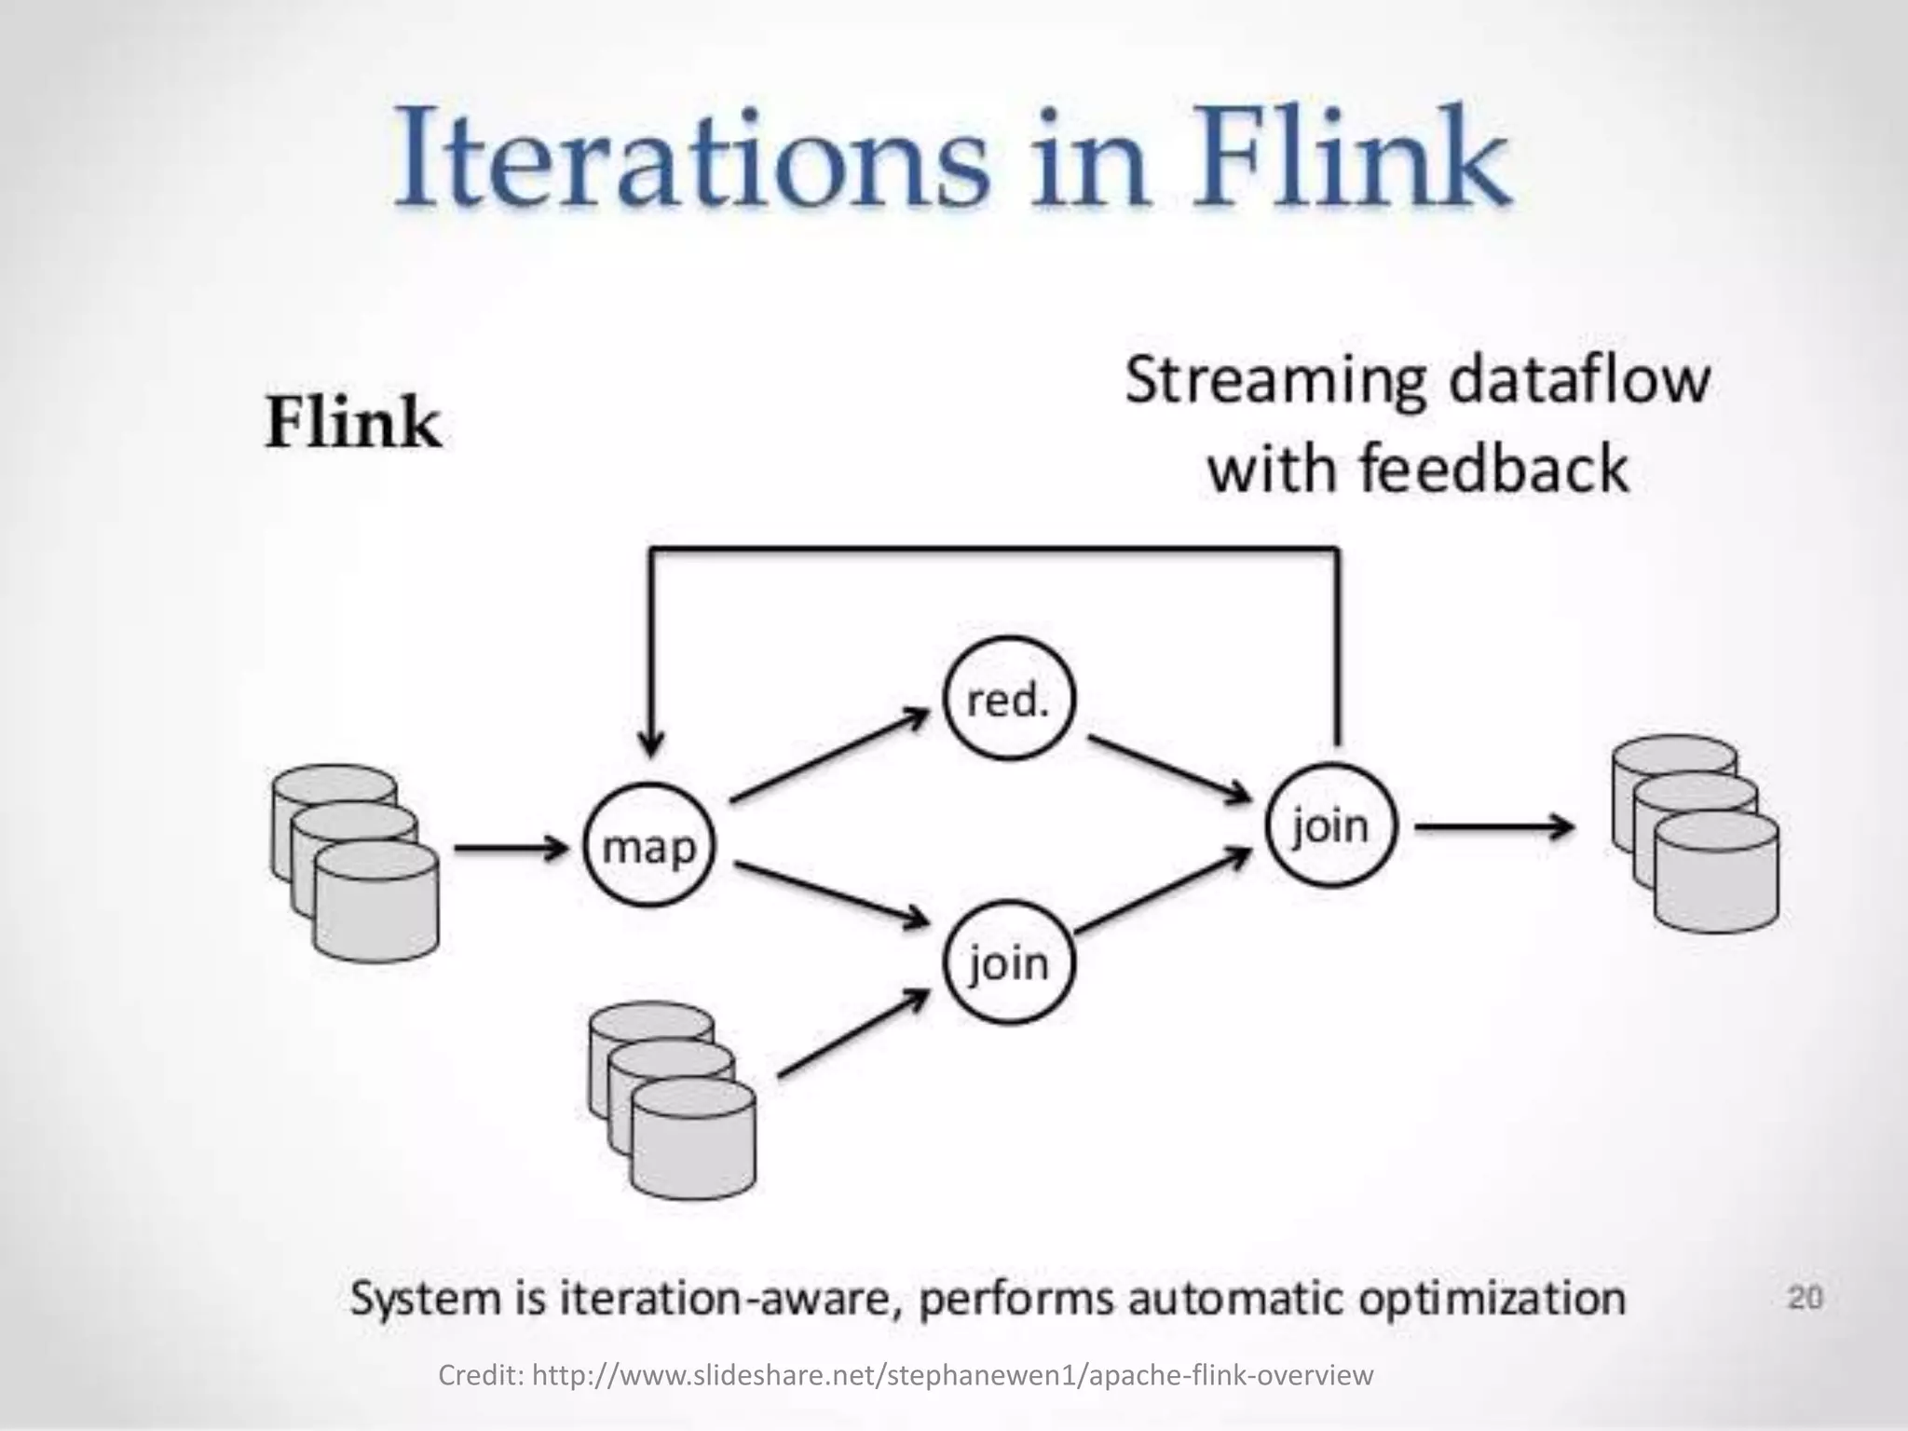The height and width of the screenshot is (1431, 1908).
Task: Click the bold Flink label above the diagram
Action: (353, 424)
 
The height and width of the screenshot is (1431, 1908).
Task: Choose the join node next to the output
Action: (1331, 826)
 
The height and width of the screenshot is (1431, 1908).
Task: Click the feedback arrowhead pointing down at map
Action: (652, 741)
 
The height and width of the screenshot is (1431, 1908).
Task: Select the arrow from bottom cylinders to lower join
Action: (852, 1034)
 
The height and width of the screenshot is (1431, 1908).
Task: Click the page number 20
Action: (1805, 1298)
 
